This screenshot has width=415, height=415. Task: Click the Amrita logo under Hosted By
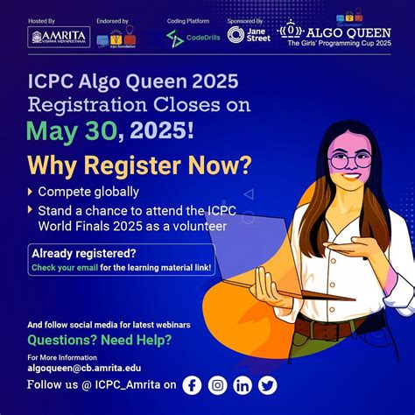click(x=59, y=36)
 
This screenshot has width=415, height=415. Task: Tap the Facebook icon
click(x=191, y=384)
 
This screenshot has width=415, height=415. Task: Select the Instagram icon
click(x=217, y=384)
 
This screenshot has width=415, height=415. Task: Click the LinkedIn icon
click(x=243, y=384)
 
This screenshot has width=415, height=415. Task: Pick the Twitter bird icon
click(x=267, y=384)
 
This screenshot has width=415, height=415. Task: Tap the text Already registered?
click(x=73, y=253)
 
